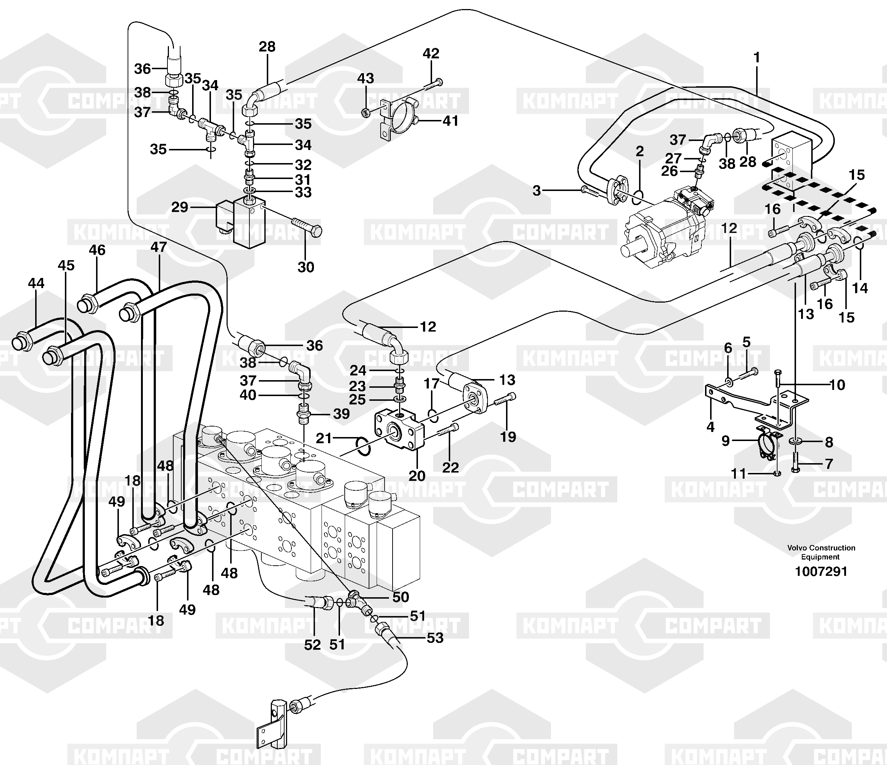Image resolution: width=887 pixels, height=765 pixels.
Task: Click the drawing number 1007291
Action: point(821,571)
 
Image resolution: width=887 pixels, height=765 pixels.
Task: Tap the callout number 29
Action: point(180,207)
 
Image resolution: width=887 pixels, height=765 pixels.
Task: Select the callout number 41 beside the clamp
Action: point(450,121)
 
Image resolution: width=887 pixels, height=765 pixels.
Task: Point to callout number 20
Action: point(416,475)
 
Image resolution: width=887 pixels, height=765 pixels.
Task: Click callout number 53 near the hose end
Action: point(435,638)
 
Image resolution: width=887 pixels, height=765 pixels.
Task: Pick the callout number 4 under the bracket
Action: point(710,427)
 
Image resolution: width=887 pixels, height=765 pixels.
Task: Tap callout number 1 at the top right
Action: point(757,57)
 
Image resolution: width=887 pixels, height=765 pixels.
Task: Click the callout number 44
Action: point(36,283)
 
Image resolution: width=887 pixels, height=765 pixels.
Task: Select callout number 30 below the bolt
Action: point(306,267)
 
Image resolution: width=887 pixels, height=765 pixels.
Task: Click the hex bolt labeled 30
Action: point(307,227)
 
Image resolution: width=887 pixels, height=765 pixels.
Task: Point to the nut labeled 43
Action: point(366,113)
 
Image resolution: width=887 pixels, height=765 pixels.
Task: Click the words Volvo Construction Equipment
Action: point(821,552)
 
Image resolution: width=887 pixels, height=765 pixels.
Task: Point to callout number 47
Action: point(158,247)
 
